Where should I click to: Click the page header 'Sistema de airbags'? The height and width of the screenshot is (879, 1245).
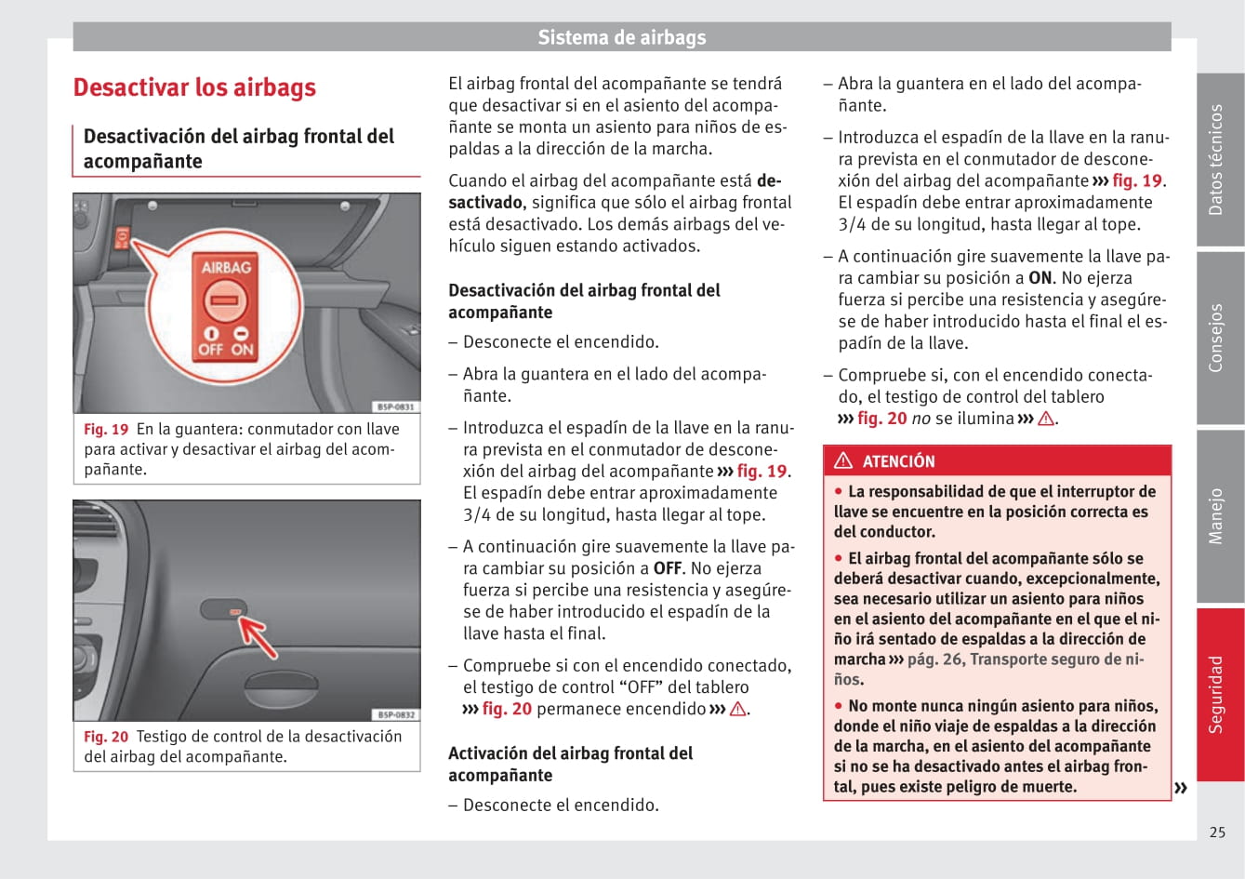click(622, 37)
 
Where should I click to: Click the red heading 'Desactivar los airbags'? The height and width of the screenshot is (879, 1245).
click(194, 87)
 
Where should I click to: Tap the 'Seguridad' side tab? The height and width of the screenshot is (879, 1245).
click(1217, 694)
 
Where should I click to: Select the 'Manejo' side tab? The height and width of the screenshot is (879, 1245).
click(1217, 516)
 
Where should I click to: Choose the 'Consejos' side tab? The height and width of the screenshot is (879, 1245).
click(1217, 338)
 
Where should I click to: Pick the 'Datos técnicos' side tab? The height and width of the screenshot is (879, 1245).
click(1217, 160)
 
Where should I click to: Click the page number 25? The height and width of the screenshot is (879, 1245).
click(1217, 832)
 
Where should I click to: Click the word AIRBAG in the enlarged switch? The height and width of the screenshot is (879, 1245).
click(226, 268)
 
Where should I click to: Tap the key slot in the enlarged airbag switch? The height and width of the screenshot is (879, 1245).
click(223, 301)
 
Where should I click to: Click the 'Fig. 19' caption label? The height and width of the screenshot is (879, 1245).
click(106, 430)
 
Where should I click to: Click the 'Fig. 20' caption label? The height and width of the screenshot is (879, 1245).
click(106, 737)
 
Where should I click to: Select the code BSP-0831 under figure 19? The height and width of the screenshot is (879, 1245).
click(396, 407)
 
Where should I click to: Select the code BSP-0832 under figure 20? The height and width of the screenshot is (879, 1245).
click(396, 714)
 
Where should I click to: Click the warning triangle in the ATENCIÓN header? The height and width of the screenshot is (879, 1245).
click(843, 460)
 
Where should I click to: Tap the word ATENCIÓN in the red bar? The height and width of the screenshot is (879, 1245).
click(898, 461)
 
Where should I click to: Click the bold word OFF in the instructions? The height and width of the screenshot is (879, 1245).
click(668, 568)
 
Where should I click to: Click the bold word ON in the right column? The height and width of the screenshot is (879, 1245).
click(1040, 278)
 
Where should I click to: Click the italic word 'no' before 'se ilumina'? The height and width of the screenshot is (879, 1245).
click(921, 419)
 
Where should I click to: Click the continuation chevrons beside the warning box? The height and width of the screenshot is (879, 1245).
click(1181, 789)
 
